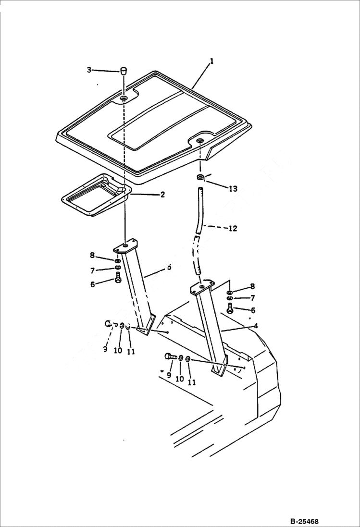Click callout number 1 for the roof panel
tap(211, 61)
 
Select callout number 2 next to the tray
tap(162, 195)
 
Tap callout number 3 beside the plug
tap(89, 70)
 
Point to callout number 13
tap(233, 189)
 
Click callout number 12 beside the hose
tap(232, 229)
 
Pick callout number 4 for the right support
tap(256, 326)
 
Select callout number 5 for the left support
tap(169, 267)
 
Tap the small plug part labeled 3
tap(124, 71)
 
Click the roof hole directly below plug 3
tap(124, 98)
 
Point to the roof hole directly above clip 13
tap(199, 140)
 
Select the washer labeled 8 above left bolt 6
tap(118, 261)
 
